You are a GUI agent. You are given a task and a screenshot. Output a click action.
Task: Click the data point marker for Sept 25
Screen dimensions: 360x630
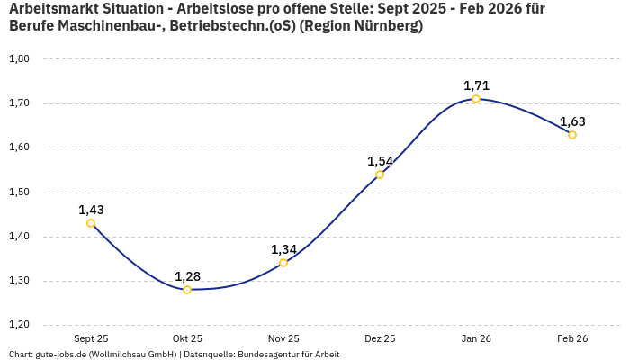(x=91, y=223)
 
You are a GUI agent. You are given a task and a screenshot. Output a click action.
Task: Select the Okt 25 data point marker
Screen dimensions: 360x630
(x=187, y=290)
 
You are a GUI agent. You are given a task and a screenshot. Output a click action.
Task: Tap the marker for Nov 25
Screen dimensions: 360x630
(x=283, y=263)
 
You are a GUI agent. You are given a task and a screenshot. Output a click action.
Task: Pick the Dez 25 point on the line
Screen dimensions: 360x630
(x=380, y=175)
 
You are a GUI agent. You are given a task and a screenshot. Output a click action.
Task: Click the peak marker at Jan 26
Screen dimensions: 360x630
(x=476, y=99)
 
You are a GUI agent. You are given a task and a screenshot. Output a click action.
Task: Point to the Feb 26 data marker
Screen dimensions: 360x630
(x=572, y=135)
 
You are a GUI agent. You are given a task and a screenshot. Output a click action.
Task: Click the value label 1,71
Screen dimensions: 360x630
(x=476, y=85)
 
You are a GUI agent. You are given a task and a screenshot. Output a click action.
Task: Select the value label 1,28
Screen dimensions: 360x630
(x=187, y=276)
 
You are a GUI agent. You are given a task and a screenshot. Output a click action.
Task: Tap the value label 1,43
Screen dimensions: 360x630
(x=91, y=210)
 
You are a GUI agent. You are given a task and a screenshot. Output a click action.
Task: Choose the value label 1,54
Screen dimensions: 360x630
(x=380, y=161)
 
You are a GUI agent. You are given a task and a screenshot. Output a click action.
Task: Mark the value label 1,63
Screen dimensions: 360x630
(x=572, y=121)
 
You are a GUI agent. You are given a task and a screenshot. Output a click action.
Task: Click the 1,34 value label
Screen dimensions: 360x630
(x=283, y=249)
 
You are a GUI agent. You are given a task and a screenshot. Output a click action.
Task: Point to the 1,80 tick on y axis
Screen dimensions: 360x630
(x=19, y=59)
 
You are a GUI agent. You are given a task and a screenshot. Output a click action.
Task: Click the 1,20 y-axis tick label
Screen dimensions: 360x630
(x=19, y=325)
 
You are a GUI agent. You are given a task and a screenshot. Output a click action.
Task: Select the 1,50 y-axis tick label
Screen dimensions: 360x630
(x=19, y=193)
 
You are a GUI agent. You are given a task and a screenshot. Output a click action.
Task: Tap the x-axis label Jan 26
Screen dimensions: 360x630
(x=476, y=338)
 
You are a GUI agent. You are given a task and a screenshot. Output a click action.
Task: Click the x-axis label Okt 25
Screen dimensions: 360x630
(x=187, y=338)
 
